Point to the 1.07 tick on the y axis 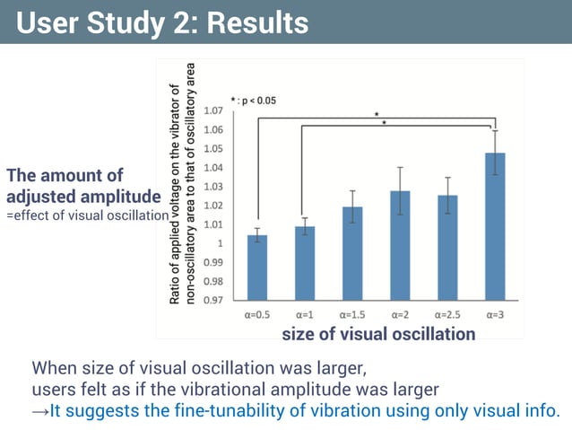tap(213, 111)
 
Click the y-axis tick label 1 tap(221, 243)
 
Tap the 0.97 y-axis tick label tap(213, 301)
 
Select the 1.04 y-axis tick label tap(213, 168)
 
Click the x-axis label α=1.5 tap(352, 315)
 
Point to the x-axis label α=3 tap(495, 315)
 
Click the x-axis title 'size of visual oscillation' tap(378, 334)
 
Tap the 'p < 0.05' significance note tap(256, 101)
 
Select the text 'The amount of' tap(65, 175)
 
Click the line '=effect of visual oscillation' tap(88, 215)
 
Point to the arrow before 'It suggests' tap(40, 411)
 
